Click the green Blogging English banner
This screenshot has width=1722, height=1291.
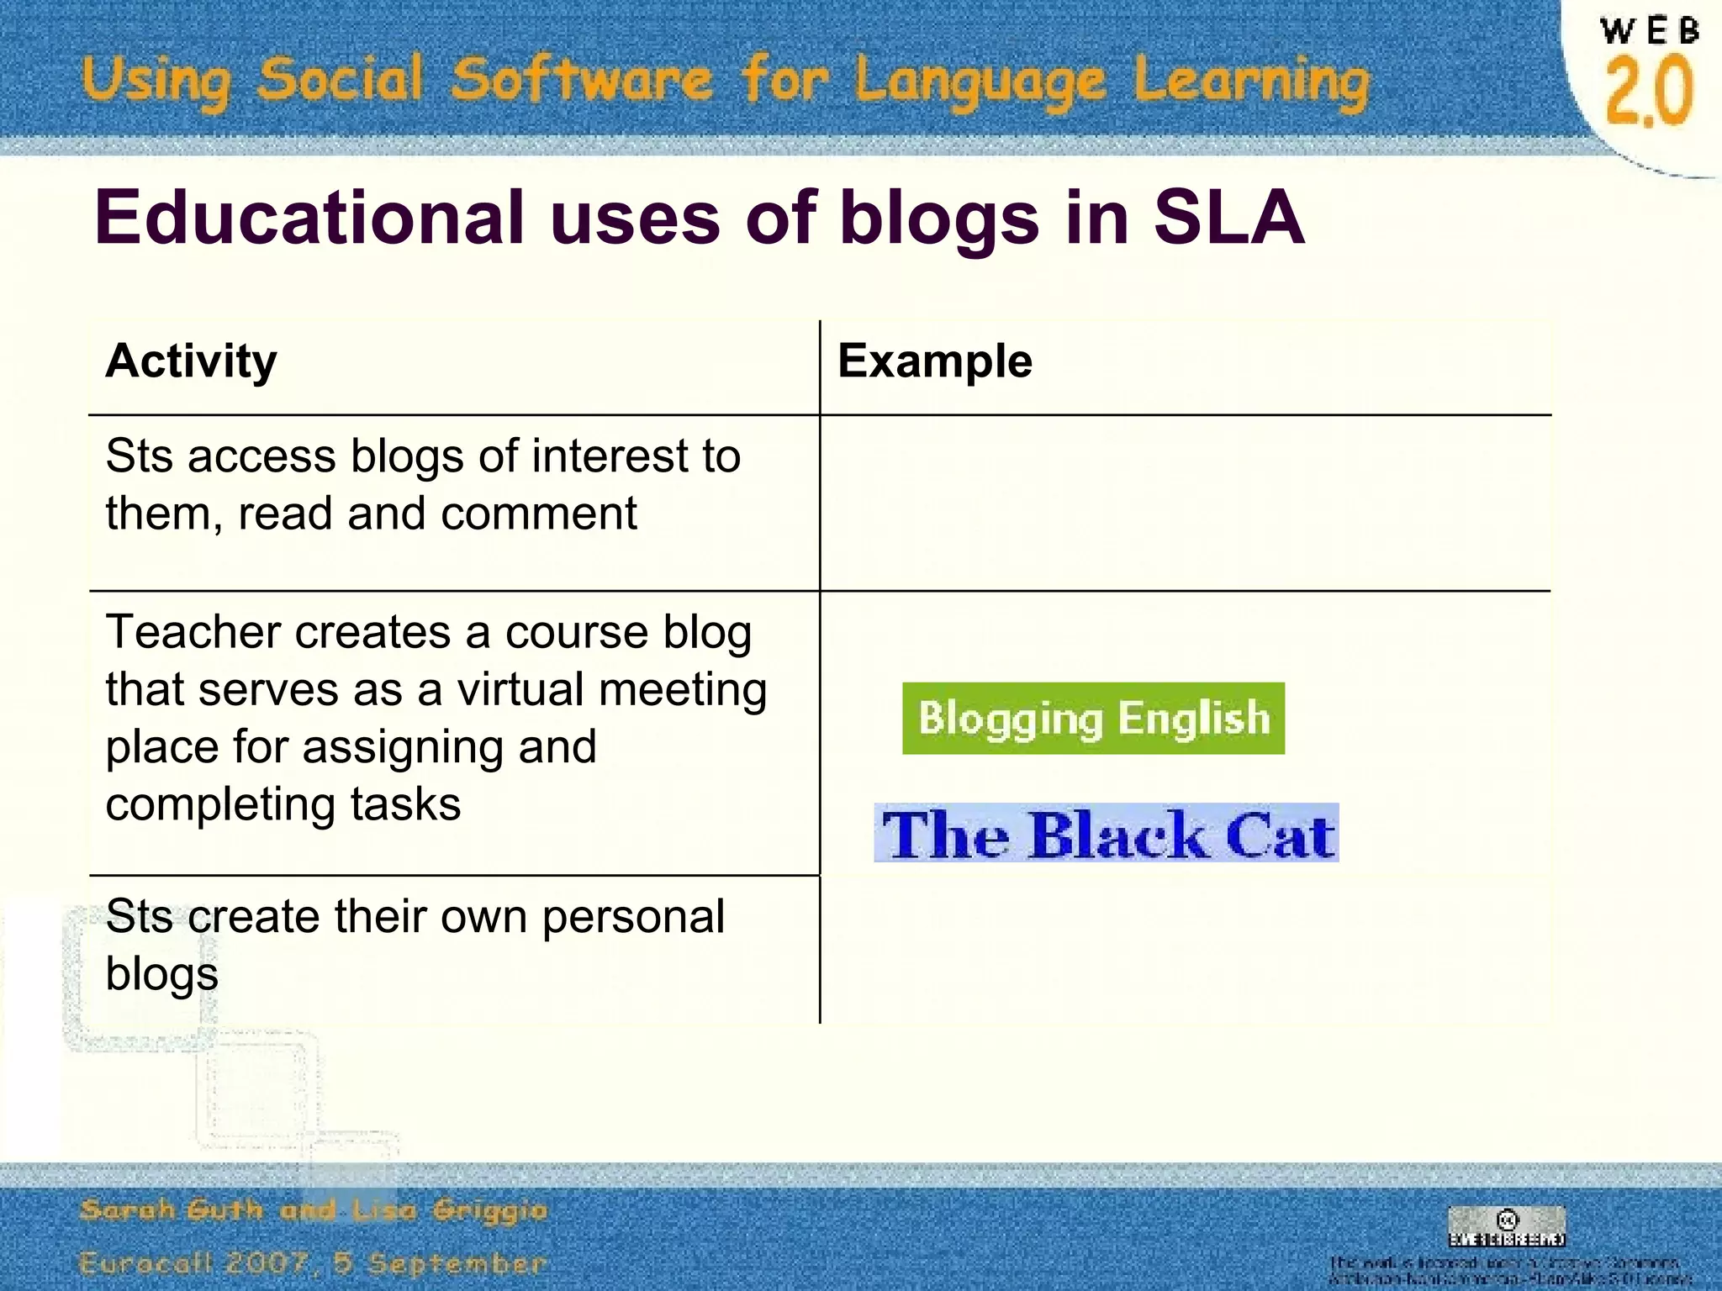pyautogui.click(x=1093, y=719)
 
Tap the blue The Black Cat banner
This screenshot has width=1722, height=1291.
pyautogui.click(x=1107, y=834)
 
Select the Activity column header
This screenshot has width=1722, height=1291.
pyautogui.click(x=191, y=361)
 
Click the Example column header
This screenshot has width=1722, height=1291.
pyautogui.click(x=934, y=361)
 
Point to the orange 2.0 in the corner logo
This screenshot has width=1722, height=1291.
pyautogui.click(x=1649, y=91)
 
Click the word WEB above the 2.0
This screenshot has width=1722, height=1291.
pyautogui.click(x=1649, y=31)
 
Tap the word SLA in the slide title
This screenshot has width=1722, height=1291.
pyautogui.click(x=1228, y=217)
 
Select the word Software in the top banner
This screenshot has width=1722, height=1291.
pyautogui.click(x=581, y=80)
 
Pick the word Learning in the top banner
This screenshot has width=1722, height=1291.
pyautogui.click(x=1251, y=82)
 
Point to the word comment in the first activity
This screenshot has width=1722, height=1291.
pyautogui.click(x=538, y=513)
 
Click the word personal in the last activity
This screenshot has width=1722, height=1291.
pyautogui.click(x=632, y=916)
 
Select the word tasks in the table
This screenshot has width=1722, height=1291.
pyautogui.click(x=405, y=804)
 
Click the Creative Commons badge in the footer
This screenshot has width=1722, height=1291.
pyautogui.click(x=1507, y=1226)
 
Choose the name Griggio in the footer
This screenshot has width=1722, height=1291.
pyautogui.click(x=489, y=1210)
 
